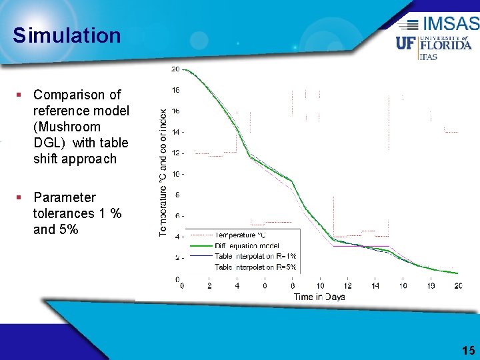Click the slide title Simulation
pos(67,35)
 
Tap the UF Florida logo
pos(434,45)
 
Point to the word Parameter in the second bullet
pos(65,197)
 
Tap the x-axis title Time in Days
pos(319,297)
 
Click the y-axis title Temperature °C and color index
pos(163,172)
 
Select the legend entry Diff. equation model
pos(247,245)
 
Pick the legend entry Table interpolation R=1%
pos(255,256)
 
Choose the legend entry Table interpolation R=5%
pos(255,267)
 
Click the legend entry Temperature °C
pos(240,235)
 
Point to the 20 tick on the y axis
pos(175,69)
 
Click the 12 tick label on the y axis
pos(175,153)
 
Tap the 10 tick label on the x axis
pos(320,286)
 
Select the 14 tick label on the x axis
pos(375,286)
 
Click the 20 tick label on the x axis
pos(457,286)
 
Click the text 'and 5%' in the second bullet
pos(55,229)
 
